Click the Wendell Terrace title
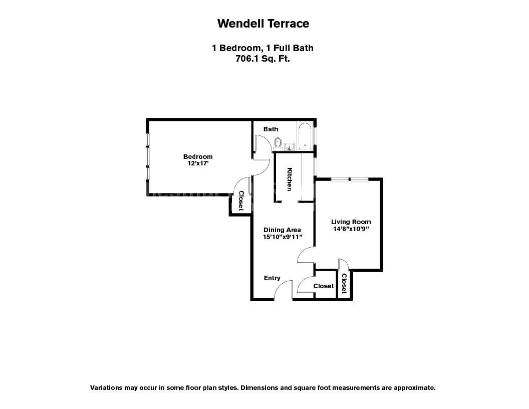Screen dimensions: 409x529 (x=263, y=24)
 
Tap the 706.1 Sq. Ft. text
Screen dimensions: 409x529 (x=263, y=58)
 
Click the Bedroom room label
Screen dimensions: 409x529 (x=197, y=156)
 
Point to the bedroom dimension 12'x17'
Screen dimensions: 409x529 (x=197, y=163)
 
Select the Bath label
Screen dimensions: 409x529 (x=271, y=129)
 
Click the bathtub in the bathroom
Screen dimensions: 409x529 (x=305, y=136)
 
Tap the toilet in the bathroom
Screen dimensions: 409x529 (x=278, y=143)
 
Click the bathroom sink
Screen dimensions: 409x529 (x=289, y=146)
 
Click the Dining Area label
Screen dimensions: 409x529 (x=282, y=230)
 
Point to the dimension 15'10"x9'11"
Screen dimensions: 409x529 (x=282, y=237)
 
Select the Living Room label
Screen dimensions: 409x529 (x=351, y=222)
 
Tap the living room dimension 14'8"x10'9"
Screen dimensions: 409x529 (x=351, y=229)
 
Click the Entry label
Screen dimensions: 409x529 (x=272, y=278)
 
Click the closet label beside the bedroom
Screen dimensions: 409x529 (x=241, y=200)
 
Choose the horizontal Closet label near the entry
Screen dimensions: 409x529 (x=323, y=286)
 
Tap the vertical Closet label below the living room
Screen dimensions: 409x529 (x=344, y=283)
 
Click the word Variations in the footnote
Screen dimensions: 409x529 (x=105, y=388)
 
